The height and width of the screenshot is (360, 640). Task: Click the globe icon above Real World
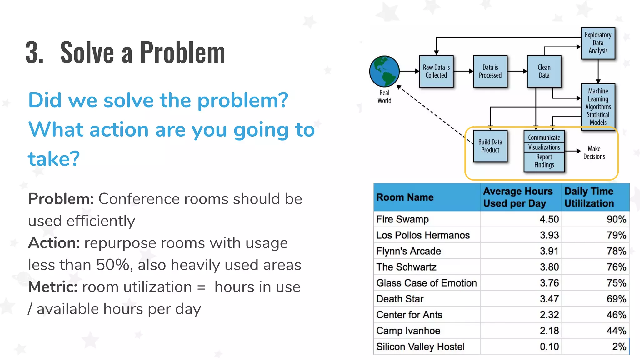click(384, 71)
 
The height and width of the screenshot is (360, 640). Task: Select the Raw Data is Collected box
click(436, 71)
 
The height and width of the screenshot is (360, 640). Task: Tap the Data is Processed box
click(490, 71)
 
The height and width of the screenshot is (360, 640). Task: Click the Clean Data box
click(544, 71)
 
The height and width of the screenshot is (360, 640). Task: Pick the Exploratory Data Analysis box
click(598, 43)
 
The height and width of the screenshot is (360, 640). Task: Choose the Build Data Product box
click(490, 146)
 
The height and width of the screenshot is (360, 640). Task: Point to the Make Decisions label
click(594, 152)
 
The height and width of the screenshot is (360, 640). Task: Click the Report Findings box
click(544, 161)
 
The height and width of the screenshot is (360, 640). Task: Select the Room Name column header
click(405, 197)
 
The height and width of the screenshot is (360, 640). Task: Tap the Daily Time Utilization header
click(589, 197)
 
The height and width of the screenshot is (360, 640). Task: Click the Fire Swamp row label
click(402, 219)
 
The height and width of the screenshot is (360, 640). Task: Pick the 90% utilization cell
click(616, 219)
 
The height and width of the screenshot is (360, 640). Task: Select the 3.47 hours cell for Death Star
click(549, 299)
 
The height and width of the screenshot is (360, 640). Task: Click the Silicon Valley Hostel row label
click(420, 347)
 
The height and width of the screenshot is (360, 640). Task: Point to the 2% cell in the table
click(619, 347)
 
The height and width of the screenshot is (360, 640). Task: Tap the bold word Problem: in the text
click(61, 199)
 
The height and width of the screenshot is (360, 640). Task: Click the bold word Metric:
click(53, 287)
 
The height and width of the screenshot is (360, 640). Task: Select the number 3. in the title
click(34, 52)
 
